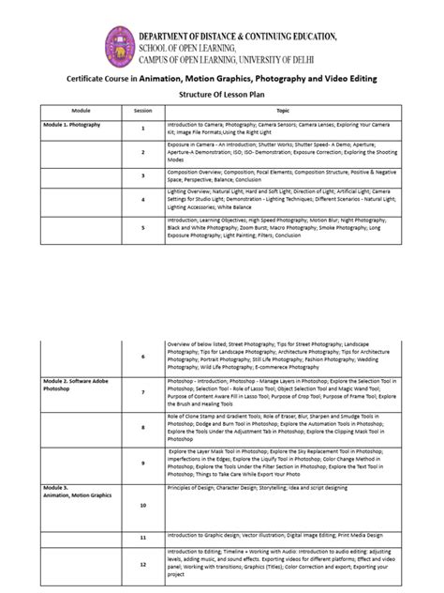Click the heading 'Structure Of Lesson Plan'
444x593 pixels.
coord(220,96)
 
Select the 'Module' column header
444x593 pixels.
coord(81,111)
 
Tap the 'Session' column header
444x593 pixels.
coord(143,111)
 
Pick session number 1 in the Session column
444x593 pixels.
coord(143,128)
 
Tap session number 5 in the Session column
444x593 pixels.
coord(143,227)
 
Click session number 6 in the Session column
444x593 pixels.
coord(143,357)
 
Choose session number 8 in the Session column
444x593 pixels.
coord(143,427)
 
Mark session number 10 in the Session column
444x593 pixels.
coord(143,505)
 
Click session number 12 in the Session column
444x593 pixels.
coord(143,565)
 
